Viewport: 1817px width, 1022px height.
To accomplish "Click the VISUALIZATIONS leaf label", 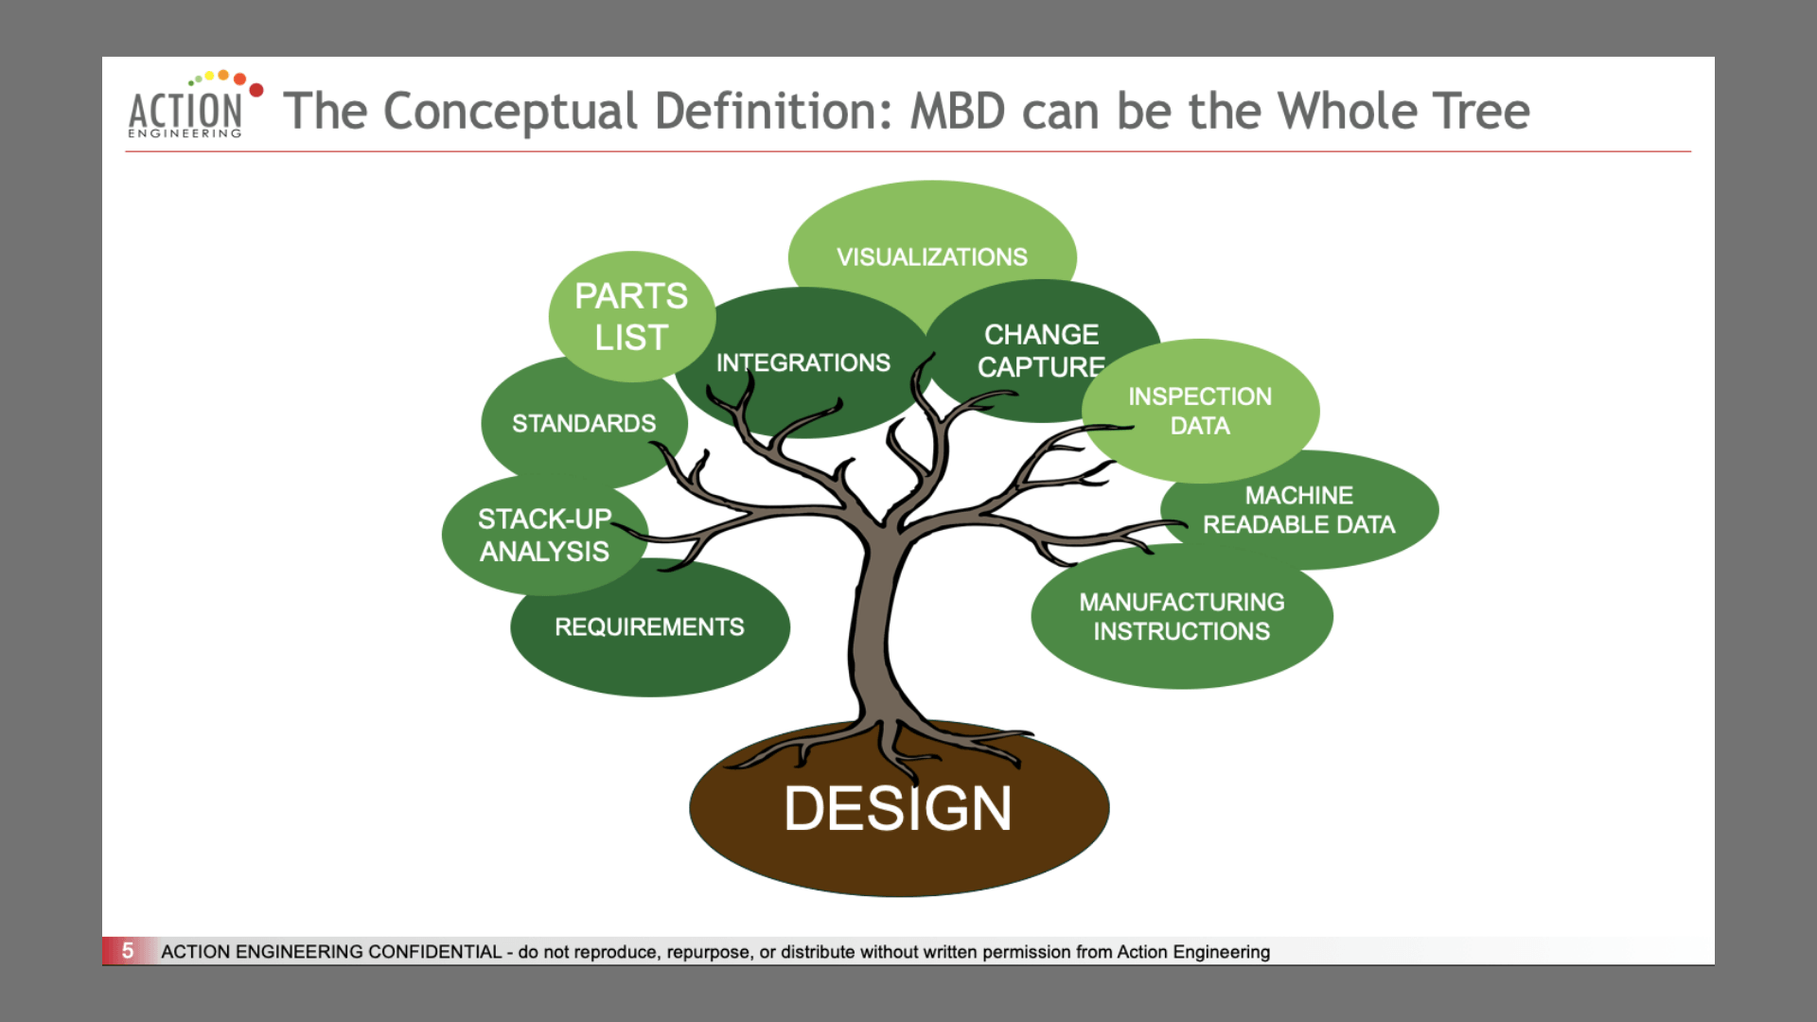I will (x=931, y=256).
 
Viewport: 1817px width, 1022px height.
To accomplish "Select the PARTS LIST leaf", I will (x=631, y=316).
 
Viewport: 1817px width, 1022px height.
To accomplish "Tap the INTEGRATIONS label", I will (x=803, y=362).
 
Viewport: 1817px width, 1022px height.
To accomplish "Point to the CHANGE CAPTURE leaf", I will (x=1041, y=350).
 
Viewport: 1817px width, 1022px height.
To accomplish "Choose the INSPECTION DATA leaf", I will (x=1199, y=411).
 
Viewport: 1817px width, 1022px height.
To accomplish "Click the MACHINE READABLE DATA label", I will (x=1298, y=510).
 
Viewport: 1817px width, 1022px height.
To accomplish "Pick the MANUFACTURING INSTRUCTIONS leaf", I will (x=1181, y=616).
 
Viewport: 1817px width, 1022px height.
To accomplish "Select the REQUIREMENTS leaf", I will (x=649, y=626).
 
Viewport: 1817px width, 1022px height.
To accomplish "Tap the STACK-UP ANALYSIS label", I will (x=544, y=535).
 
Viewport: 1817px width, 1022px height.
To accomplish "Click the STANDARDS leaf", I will (x=583, y=423).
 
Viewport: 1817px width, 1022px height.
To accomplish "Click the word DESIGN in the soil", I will (x=897, y=809).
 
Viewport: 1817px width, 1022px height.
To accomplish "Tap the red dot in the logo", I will (x=256, y=90).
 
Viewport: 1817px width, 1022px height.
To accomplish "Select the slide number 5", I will (x=128, y=950).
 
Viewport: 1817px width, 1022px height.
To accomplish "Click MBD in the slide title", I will (x=957, y=112).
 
